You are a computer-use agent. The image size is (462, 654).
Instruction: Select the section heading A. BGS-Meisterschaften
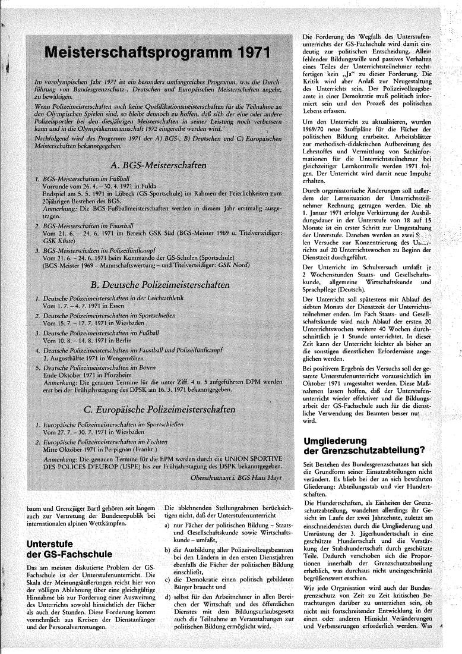point(159,165)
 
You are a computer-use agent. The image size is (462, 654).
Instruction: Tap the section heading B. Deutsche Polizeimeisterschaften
point(159,285)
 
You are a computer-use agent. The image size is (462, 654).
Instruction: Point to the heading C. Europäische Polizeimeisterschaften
point(159,409)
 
